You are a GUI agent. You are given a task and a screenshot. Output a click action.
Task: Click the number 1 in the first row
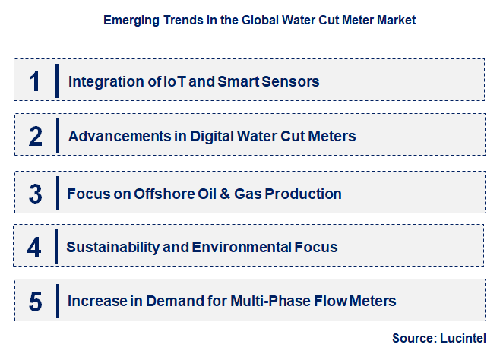click(35, 81)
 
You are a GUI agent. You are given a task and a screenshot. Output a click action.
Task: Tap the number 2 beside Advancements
click(36, 137)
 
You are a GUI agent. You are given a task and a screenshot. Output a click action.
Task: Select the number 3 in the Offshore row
click(36, 194)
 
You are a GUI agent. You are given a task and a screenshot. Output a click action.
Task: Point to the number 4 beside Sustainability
click(35, 247)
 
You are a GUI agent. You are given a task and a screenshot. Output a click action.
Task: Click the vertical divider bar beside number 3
click(57, 194)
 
